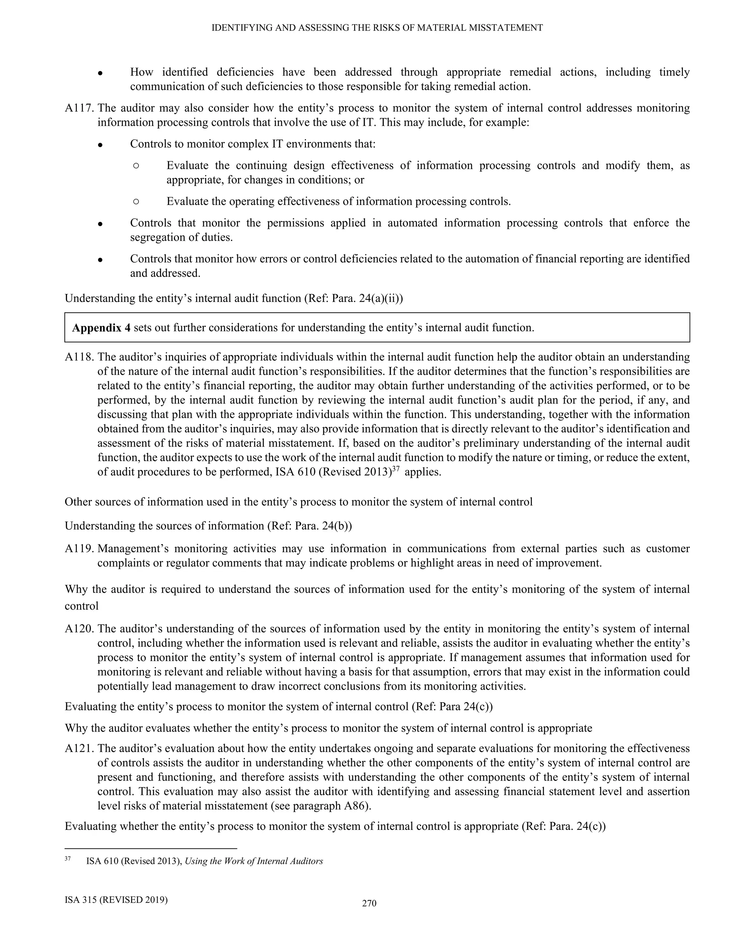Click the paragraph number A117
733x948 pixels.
tap(79, 108)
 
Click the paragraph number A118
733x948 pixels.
tap(79, 357)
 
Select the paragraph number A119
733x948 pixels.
tap(79, 549)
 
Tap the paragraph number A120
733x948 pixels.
tap(79, 629)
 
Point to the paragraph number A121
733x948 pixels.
tap(79, 748)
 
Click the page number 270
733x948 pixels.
tap(369, 903)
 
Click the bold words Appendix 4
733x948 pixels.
tap(101, 328)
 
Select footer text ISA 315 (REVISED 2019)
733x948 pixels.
tap(116, 900)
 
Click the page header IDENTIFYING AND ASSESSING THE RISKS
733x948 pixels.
tap(377, 28)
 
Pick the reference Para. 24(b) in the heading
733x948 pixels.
tap(322, 526)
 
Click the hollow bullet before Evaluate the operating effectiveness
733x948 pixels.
tap(136, 201)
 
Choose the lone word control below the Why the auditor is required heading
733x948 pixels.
tap(82, 606)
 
